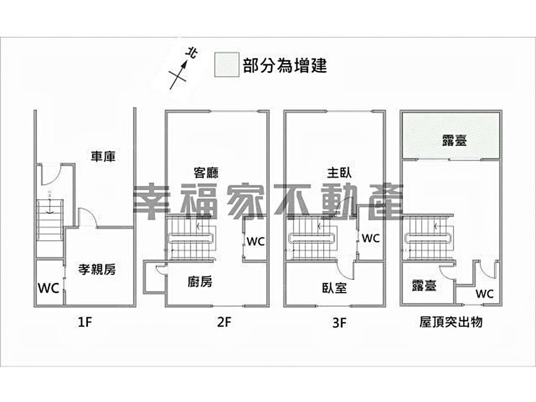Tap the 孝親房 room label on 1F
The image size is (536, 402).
97,270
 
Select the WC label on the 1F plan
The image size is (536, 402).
48,288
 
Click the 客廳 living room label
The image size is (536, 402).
206,173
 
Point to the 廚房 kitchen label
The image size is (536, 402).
199,281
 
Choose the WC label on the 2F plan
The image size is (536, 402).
255,241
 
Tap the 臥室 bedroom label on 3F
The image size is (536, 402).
334,288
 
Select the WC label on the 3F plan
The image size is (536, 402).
370,238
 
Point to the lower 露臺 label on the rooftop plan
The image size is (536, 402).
423,286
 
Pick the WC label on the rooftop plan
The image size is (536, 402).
485,294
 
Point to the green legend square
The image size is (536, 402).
227,65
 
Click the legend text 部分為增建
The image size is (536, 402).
285,65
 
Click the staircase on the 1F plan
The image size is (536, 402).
50,220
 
